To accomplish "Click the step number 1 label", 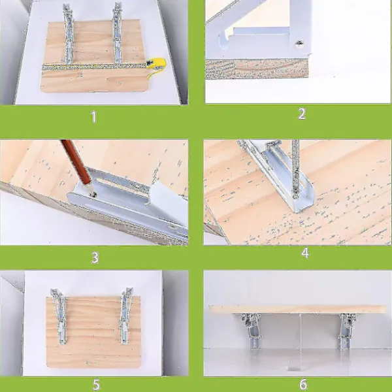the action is click(x=93, y=117).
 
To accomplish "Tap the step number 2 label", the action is click(x=302, y=114).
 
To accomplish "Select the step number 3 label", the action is click(x=95, y=257).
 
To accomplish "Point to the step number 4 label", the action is click(x=305, y=253).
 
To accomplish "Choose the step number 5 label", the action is click(x=96, y=385).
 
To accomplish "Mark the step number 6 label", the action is click(x=303, y=385).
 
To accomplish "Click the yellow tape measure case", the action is click(x=157, y=64).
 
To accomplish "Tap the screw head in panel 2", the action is click(x=299, y=44).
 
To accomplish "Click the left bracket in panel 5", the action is click(x=60, y=316).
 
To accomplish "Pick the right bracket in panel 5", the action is click(x=125, y=316).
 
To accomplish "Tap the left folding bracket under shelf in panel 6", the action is click(x=252, y=331).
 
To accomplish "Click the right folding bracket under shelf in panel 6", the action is click(x=346, y=331).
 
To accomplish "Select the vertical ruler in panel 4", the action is click(x=295, y=169).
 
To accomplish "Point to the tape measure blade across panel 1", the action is click(x=95, y=67).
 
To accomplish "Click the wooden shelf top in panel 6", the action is click(x=297, y=309).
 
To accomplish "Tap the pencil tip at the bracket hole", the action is click(x=93, y=193).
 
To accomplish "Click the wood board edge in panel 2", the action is click(x=257, y=69).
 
